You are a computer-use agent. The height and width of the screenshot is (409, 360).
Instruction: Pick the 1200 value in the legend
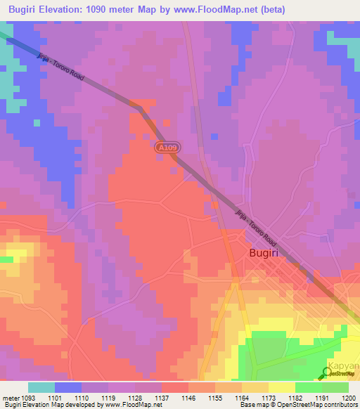349,398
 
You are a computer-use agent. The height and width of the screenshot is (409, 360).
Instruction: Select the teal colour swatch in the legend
41,387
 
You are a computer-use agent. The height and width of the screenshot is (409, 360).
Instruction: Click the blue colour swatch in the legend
68,387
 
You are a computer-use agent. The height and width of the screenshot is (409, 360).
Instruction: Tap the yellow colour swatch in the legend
281,387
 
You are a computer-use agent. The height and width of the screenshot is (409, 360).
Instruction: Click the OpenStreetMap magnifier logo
328,372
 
